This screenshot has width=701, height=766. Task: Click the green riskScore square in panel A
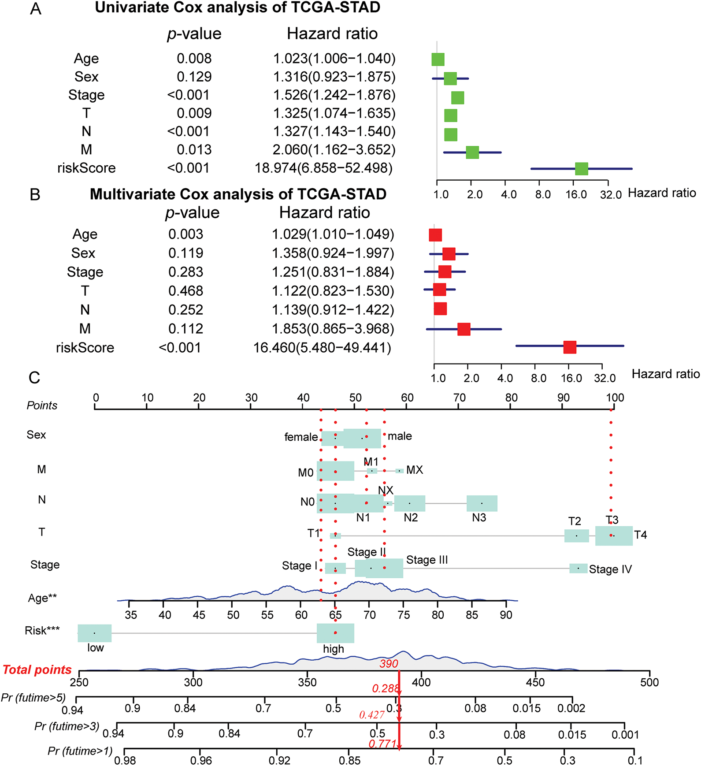[582, 168]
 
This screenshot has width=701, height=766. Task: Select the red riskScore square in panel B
[570, 347]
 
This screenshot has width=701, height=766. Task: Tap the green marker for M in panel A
[472, 152]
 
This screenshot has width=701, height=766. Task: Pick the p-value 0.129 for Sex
[194, 77]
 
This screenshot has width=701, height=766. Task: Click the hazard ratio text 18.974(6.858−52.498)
[323, 168]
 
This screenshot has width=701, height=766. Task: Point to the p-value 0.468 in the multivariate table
[185, 291]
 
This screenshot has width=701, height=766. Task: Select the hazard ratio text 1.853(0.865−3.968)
[333, 329]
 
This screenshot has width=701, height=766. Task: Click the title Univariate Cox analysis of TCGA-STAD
[237, 8]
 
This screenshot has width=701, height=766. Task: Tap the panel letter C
[34, 378]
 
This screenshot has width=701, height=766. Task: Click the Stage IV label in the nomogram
[610, 569]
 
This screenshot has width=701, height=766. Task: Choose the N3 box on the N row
[482, 503]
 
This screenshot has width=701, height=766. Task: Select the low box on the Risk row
[94, 633]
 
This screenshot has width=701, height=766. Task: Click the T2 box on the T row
[576, 535]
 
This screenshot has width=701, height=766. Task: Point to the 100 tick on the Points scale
[615, 398]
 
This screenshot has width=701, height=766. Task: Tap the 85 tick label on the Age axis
[471, 615]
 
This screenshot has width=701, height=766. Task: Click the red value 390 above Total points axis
[389, 664]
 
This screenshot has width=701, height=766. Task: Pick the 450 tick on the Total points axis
[535, 682]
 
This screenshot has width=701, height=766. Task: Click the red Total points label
[37, 670]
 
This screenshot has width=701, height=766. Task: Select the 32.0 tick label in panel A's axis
[610, 194]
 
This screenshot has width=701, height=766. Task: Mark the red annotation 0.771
[382, 744]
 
